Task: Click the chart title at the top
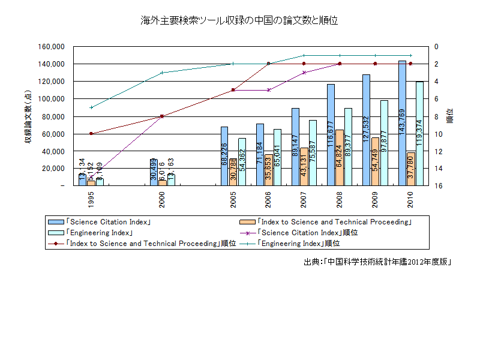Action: tap(239, 20)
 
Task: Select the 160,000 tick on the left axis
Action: tap(51, 47)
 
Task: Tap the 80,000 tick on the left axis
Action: tap(53, 116)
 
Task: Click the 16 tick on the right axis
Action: tap(438, 186)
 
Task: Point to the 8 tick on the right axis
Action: tap(436, 116)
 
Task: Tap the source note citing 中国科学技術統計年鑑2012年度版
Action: tap(377, 262)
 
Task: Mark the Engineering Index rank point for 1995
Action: tap(91, 107)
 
